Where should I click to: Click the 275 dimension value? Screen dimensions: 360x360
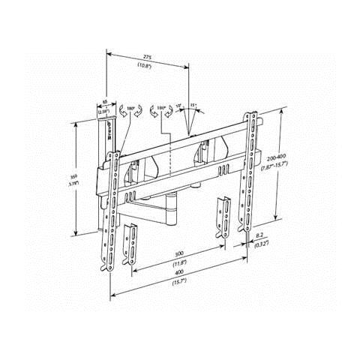click(147, 58)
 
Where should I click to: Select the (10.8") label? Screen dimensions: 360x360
click(147, 66)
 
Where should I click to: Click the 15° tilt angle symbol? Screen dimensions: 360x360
click(193, 106)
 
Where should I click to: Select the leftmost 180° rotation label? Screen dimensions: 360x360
click(131, 107)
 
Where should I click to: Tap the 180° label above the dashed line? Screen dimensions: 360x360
click(161, 107)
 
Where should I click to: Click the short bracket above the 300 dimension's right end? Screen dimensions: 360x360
click(223, 214)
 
